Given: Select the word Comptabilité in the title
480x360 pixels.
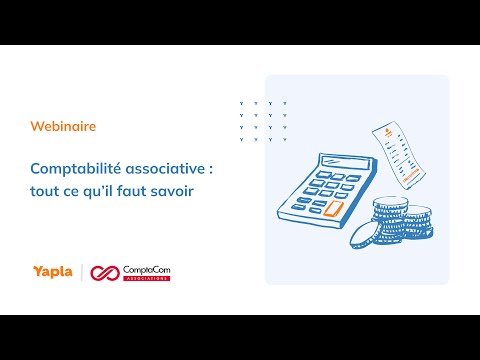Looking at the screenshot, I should (76, 169).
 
